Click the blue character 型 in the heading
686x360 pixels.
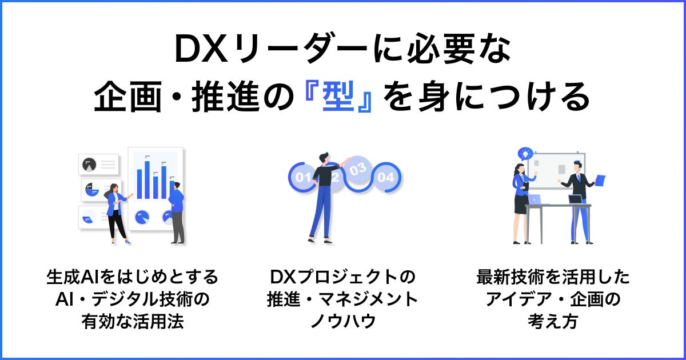click(342, 98)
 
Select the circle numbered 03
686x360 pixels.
click(358, 169)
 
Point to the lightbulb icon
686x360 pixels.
click(525, 153)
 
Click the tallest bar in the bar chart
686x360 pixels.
click(147, 180)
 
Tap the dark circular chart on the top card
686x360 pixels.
click(89, 164)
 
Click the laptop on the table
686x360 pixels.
click(534, 199)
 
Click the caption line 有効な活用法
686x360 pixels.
click(132, 321)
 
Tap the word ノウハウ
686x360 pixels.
click(342, 321)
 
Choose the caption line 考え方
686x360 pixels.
click(553, 321)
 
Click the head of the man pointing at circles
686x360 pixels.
click(324, 158)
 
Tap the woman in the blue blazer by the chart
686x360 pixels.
click(115, 209)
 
